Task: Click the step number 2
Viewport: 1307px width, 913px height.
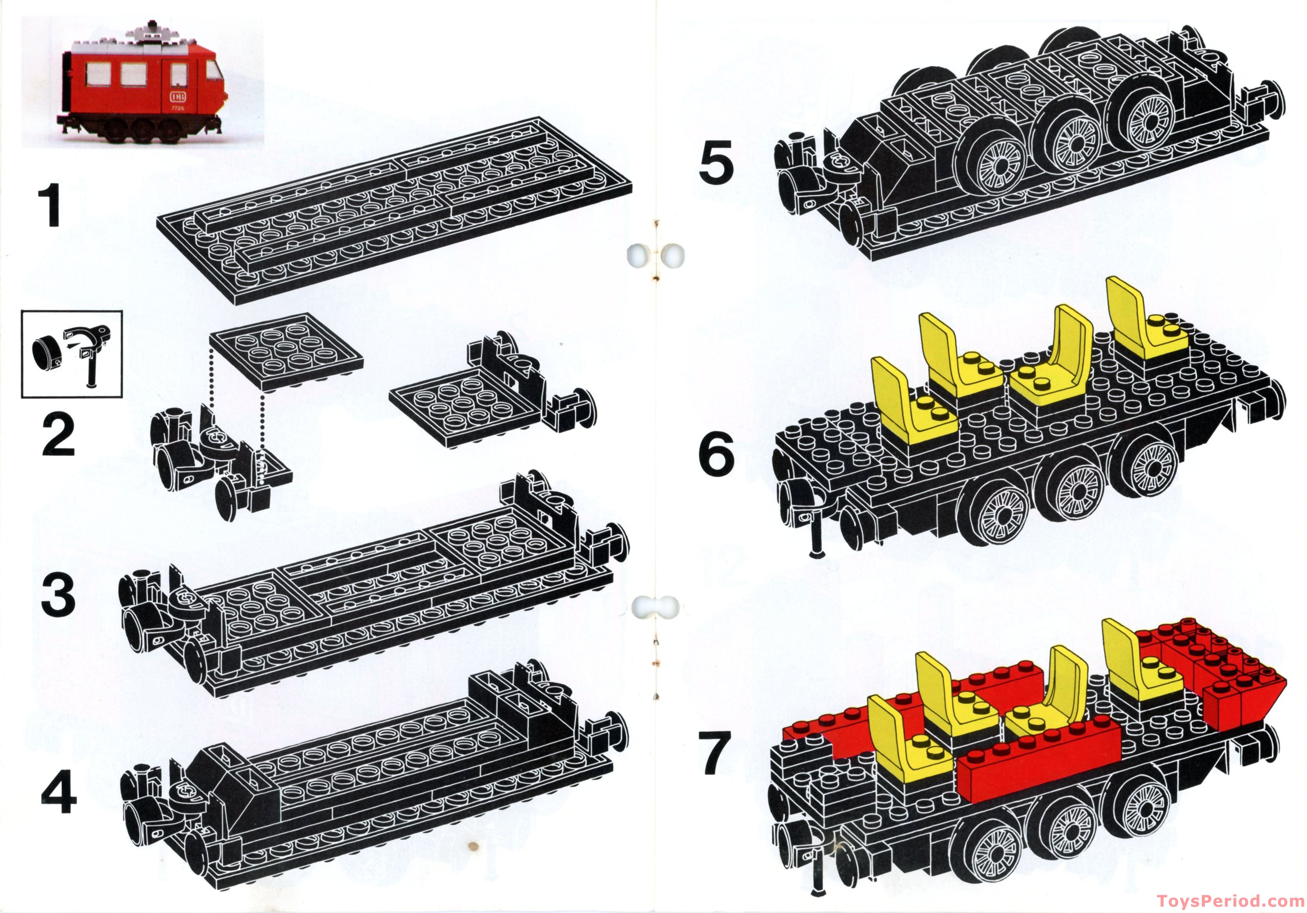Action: [58, 435]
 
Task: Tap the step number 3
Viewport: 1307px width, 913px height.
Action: [58, 595]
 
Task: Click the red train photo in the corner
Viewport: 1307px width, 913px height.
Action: [142, 82]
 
